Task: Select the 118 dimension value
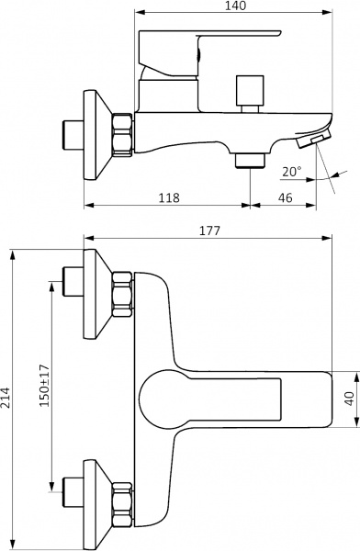167,197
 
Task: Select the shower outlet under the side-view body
248,161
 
